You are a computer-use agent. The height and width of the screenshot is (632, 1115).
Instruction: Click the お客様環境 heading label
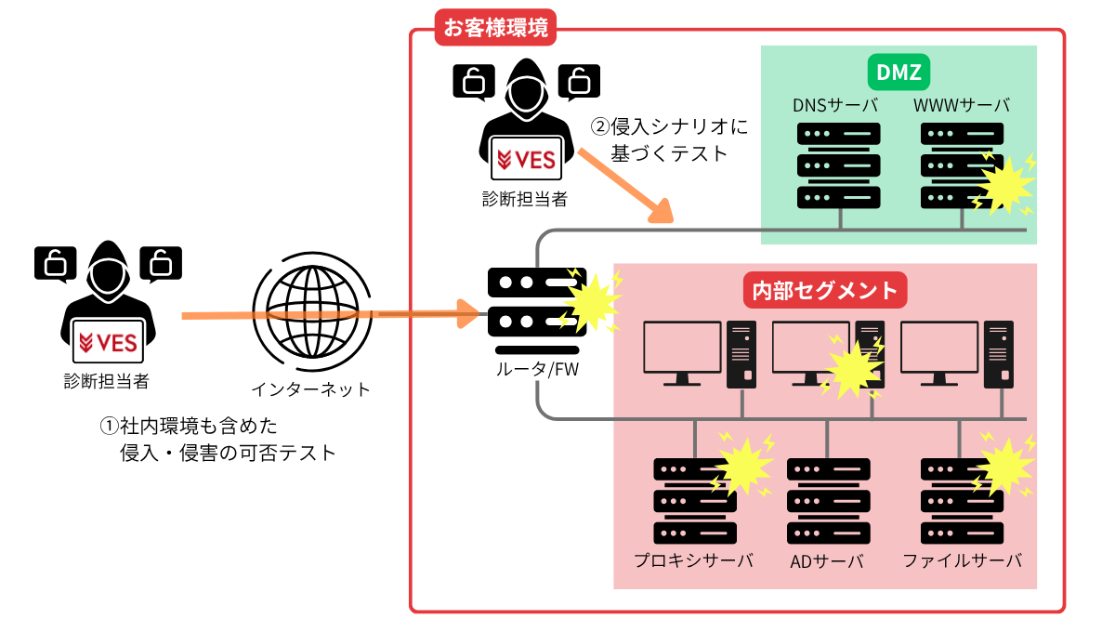pos(495,27)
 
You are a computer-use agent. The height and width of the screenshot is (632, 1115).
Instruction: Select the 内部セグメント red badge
pos(826,291)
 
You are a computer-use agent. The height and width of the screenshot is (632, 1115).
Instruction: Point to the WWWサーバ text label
pos(962,104)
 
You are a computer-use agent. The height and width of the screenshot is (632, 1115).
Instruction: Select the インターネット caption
pos(310,388)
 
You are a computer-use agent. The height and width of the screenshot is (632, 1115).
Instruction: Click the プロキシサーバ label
pos(693,560)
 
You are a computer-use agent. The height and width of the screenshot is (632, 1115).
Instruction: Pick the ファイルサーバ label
pos(962,560)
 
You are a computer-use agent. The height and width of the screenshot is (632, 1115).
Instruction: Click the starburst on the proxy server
pos(742,465)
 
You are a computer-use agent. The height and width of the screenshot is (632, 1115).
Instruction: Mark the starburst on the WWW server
pos(1003,184)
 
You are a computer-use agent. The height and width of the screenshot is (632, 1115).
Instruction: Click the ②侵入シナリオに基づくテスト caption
pos(669,139)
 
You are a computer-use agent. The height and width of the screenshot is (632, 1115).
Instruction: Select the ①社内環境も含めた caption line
pos(190,426)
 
